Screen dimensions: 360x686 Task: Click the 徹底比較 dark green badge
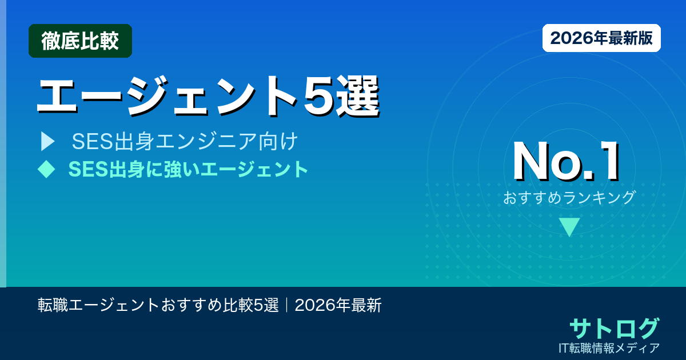80,41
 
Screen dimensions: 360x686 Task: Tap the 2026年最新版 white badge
601,38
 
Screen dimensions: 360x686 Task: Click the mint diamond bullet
46,169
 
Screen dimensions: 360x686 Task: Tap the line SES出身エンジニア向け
185,142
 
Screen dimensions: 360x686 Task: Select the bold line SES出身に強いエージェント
188,169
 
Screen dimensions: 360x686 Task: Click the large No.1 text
566,162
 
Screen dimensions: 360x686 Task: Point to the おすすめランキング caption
569,198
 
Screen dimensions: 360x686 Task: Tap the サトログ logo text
614,328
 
